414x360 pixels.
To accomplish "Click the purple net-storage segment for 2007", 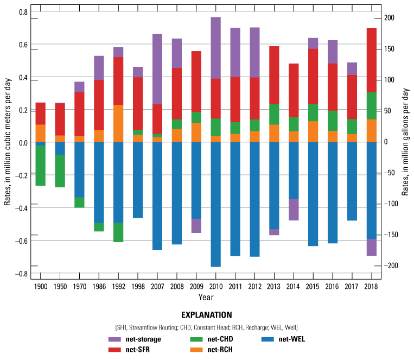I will pos(157,69).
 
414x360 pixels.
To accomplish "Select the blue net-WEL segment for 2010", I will pos(215,204).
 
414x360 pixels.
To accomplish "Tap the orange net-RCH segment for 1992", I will pos(118,123).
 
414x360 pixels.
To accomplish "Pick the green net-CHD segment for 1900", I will pos(40,166).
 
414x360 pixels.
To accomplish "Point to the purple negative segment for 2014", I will pos(293,210).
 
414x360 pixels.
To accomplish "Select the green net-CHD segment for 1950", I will pos(60,171).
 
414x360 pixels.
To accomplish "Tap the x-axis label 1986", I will pos(99,287).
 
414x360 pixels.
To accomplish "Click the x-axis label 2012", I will pos(254,287).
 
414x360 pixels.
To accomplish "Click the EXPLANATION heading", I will pos(207,314).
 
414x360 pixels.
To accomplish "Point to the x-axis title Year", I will pos(206,297).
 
